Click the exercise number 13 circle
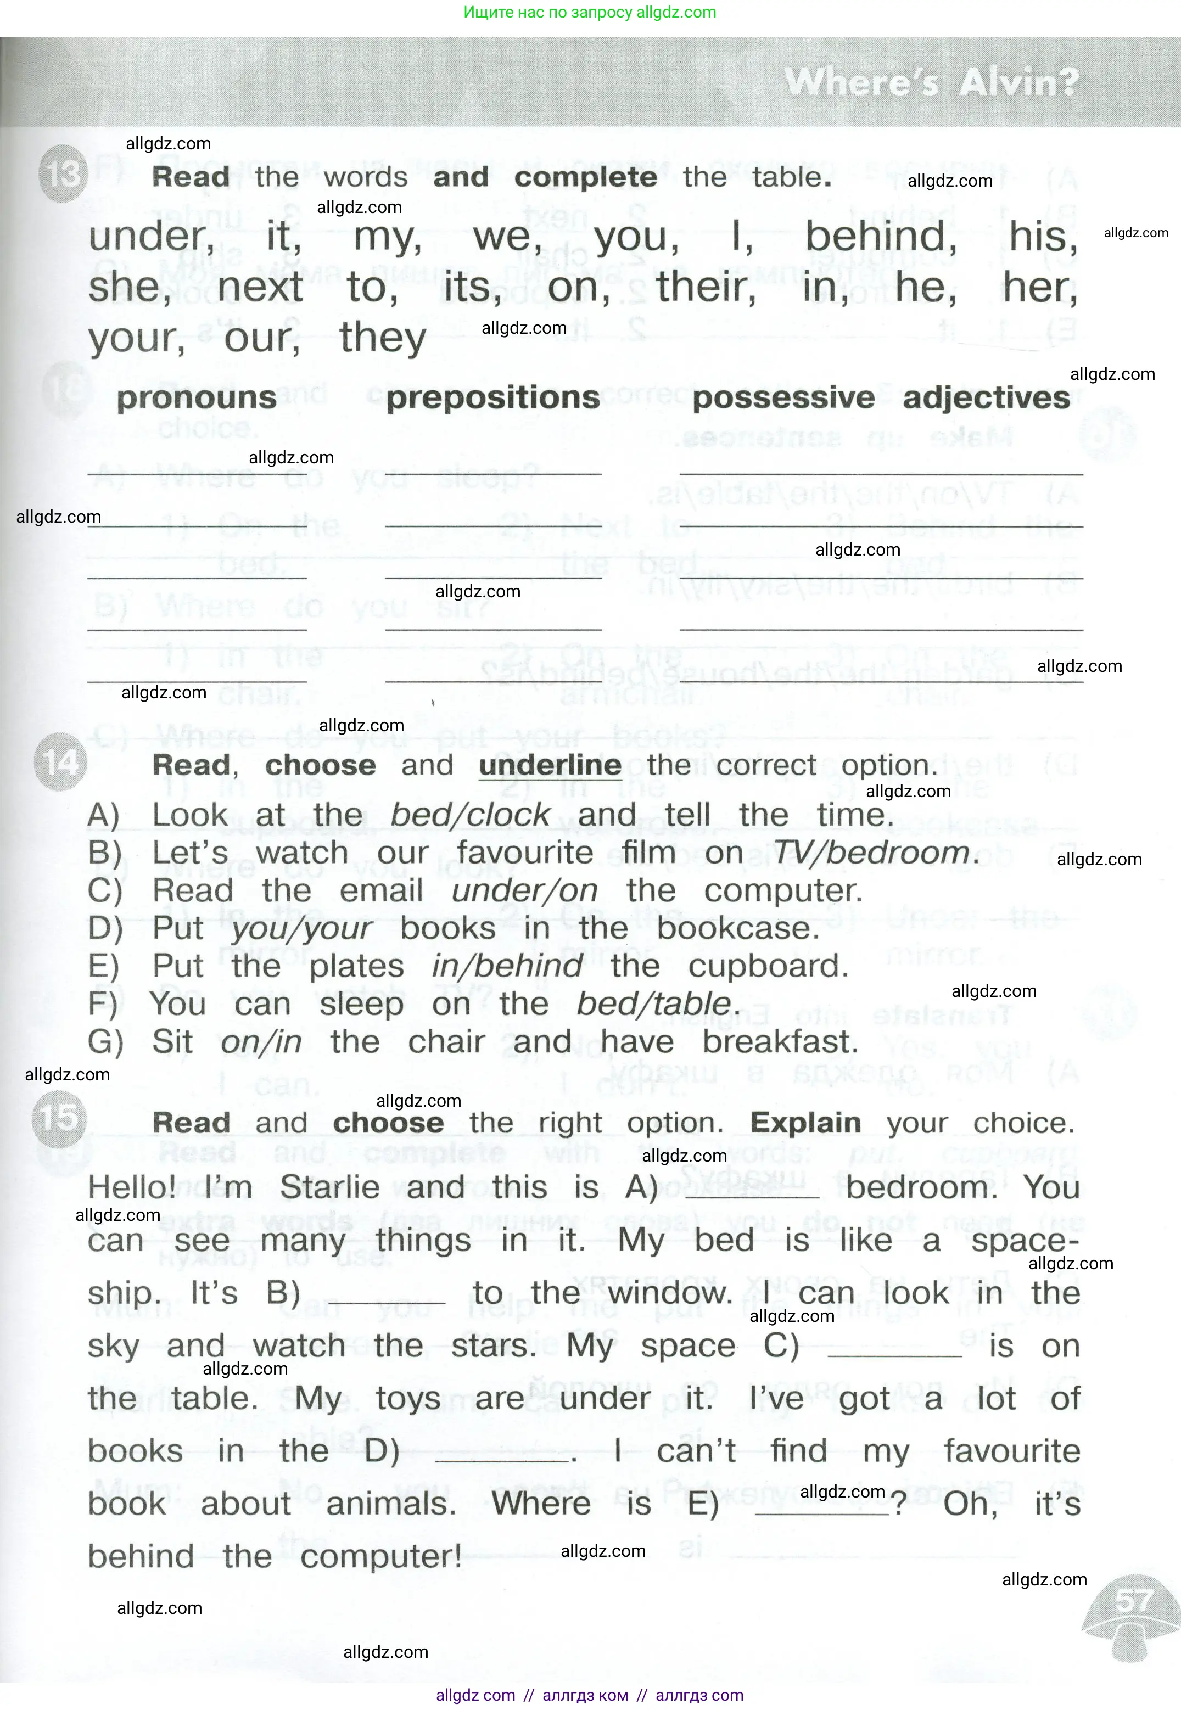63,175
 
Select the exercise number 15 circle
60,1117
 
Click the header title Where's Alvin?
931,81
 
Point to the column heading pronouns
197,398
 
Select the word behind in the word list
881,237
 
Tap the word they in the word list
383,338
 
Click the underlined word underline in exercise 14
550,765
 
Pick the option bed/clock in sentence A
471,815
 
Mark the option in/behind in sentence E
508,966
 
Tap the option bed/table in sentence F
654,1004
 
